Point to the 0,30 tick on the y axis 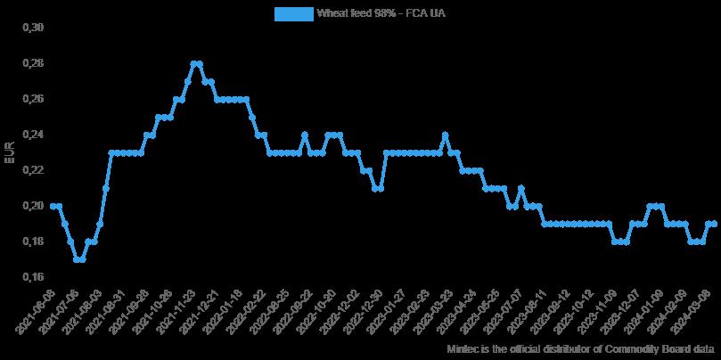[31, 28]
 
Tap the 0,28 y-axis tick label [31, 63]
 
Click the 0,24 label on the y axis [31, 135]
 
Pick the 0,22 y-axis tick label [31, 170]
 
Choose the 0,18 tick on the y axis [31, 241]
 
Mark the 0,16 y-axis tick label [31, 277]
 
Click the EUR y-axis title [11, 152]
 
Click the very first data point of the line [53, 206]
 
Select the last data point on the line [715, 224]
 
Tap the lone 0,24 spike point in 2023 [445, 135]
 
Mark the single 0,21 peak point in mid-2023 [520, 188]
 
